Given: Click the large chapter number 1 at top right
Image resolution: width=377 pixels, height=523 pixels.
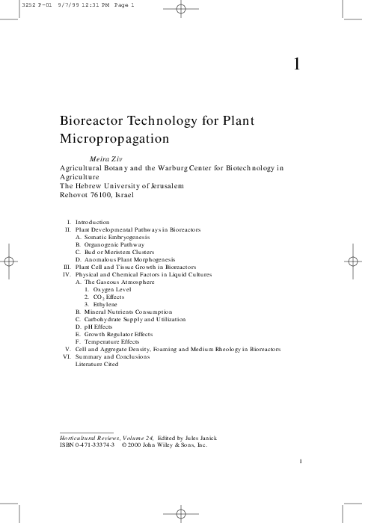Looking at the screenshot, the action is point(296,64).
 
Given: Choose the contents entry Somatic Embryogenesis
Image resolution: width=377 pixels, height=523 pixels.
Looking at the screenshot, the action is point(114,237).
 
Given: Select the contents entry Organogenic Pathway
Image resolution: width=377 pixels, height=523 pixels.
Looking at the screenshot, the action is point(109,244).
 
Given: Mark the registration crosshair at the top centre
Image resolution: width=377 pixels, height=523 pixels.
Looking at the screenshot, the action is point(180,10).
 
